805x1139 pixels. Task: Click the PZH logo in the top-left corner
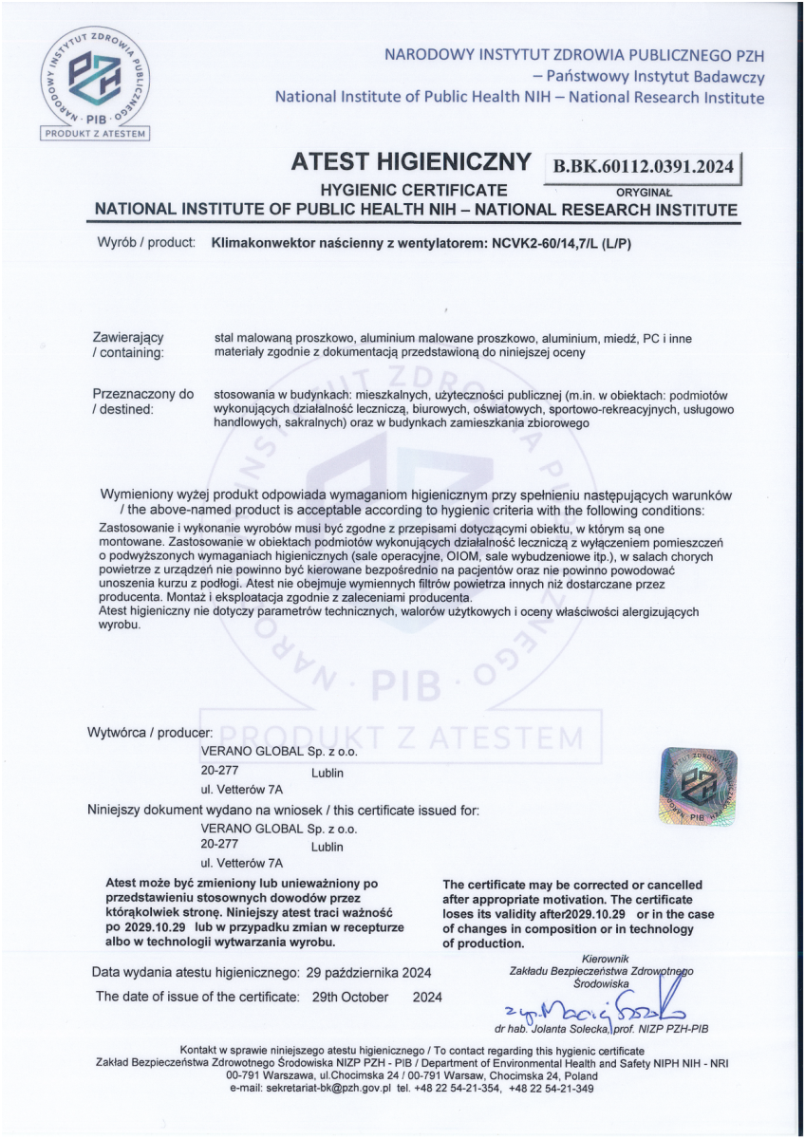click(95, 79)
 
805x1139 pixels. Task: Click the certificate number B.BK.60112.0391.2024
click(641, 167)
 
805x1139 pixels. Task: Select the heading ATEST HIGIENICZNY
click(416, 164)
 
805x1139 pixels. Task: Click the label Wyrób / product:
click(147, 243)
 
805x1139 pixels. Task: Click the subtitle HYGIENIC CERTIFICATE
click(413, 190)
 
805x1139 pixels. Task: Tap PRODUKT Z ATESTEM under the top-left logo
click(95, 134)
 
